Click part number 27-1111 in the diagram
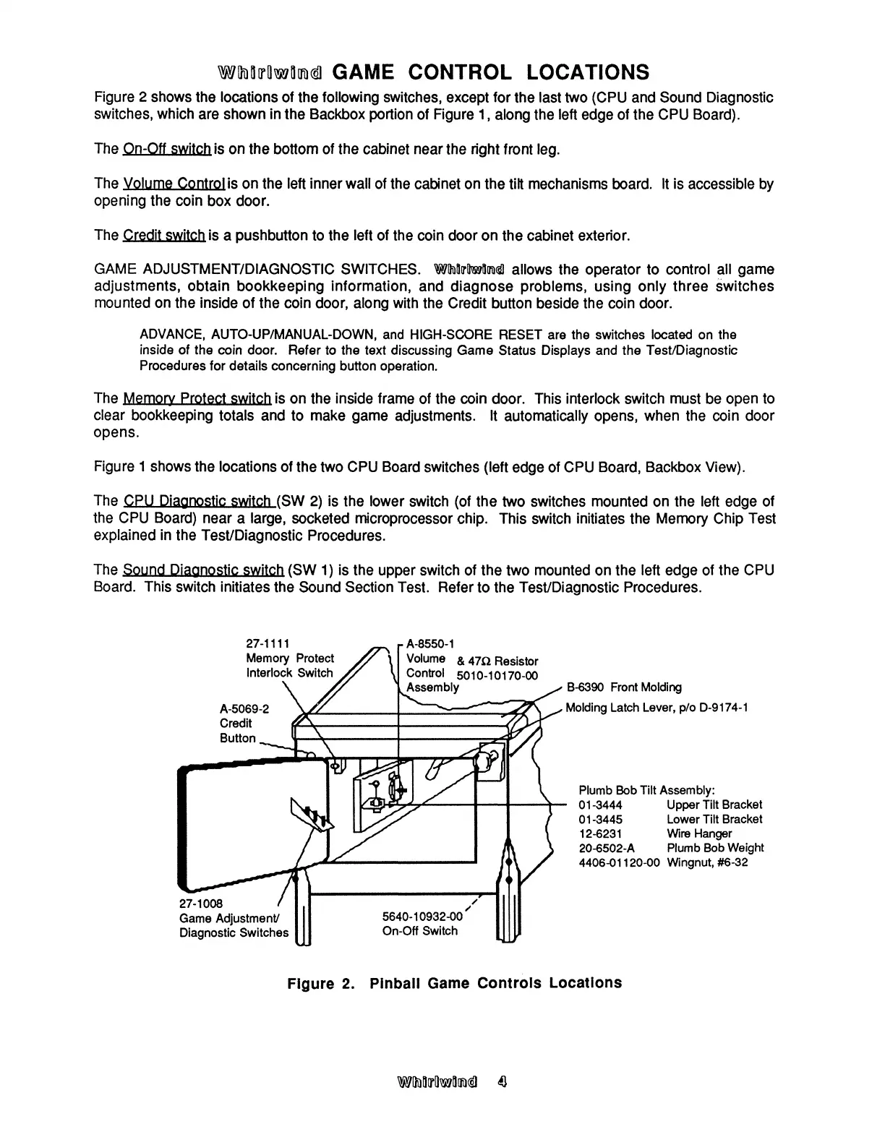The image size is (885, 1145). pyautogui.click(x=268, y=643)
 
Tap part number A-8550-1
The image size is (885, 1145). pyautogui.click(x=430, y=643)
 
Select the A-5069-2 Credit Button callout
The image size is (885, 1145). pyautogui.click(x=244, y=724)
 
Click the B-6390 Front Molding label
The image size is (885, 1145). pyautogui.click(x=623, y=687)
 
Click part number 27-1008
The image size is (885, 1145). pyautogui.click(x=201, y=904)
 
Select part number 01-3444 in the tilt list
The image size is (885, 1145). pyautogui.click(x=600, y=805)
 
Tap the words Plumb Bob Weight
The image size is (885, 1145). pyautogui.click(x=715, y=848)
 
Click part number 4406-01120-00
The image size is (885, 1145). pyautogui.click(x=620, y=862)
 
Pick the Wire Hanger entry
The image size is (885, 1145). pyautogui.click(x=699, y=833)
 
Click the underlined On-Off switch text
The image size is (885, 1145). pyautogui.click(x=166, y=150)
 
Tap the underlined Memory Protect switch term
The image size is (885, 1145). pyautogui.click(x=197, y=398)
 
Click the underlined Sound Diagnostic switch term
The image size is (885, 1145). pyautogui.click(x=202, y=570)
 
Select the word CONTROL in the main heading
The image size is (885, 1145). pyautogui.click(x=460, y=72)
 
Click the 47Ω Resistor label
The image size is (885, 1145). pyautogui.click(x=497, y=661)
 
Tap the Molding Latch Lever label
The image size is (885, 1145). pyautogui.click(x=656, y=707)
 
